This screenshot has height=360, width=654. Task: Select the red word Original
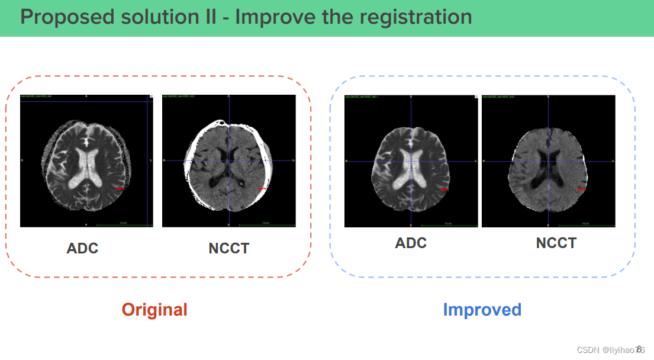154,310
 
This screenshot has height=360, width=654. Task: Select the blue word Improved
482,310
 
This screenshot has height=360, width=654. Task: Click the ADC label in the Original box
82,248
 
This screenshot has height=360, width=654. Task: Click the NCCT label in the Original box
228,248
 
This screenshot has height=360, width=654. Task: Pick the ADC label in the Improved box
411,243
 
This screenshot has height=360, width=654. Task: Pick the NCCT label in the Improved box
556,243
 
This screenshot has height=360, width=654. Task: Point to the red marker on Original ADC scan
120,188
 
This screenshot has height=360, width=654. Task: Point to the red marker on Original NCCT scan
263,188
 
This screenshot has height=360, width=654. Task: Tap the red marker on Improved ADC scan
445,189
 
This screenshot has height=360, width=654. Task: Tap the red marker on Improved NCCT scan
582,189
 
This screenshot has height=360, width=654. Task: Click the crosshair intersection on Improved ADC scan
410,162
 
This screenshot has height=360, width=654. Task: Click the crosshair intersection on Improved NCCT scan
549,162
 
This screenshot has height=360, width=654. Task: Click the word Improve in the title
272,17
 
